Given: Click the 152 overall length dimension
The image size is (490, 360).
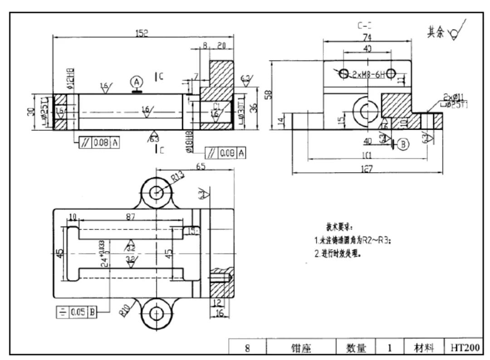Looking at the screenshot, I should tap(142, 33).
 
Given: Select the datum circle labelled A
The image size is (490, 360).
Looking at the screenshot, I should tap(137, 82).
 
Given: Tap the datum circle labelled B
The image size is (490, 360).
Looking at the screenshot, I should tap(403, 144).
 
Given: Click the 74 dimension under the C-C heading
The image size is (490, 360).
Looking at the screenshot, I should tap(367, 38).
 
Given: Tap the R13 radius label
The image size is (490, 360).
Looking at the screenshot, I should tap(179, 177).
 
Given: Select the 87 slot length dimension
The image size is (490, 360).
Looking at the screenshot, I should tap(130, 217).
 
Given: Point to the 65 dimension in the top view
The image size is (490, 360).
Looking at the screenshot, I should tap(200, 166).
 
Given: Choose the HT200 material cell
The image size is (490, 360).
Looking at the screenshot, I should tap(465, 348).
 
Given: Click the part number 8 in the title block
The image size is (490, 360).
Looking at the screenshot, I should tap(247, 348).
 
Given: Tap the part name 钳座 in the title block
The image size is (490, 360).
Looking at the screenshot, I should tap(301, 348).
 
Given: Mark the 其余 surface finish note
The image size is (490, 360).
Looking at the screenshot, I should tap(435, 32).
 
